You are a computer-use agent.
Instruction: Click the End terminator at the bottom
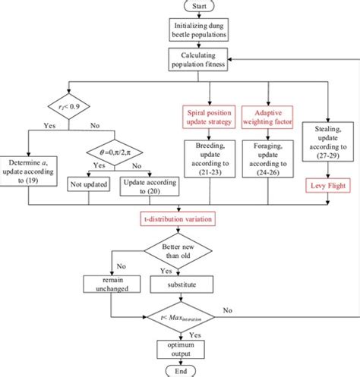[180, 371]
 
